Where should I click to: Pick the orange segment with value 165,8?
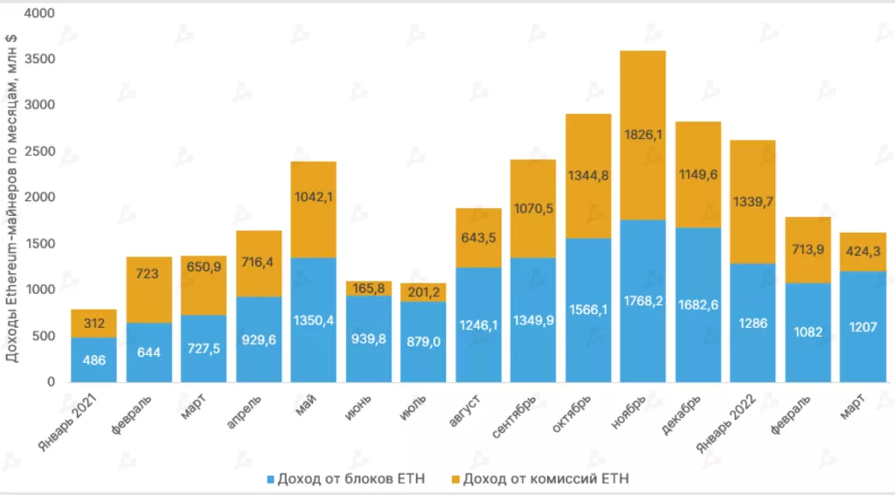tap(368, 289)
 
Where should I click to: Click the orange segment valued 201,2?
tap(423, 292)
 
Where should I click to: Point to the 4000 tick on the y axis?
tap(39, 14)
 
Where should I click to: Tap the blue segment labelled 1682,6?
tap(697, 304)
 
